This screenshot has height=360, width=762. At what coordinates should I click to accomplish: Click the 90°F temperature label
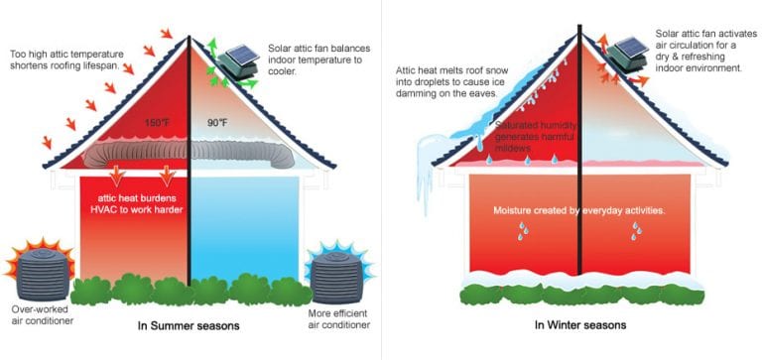[x=216, y=124]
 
